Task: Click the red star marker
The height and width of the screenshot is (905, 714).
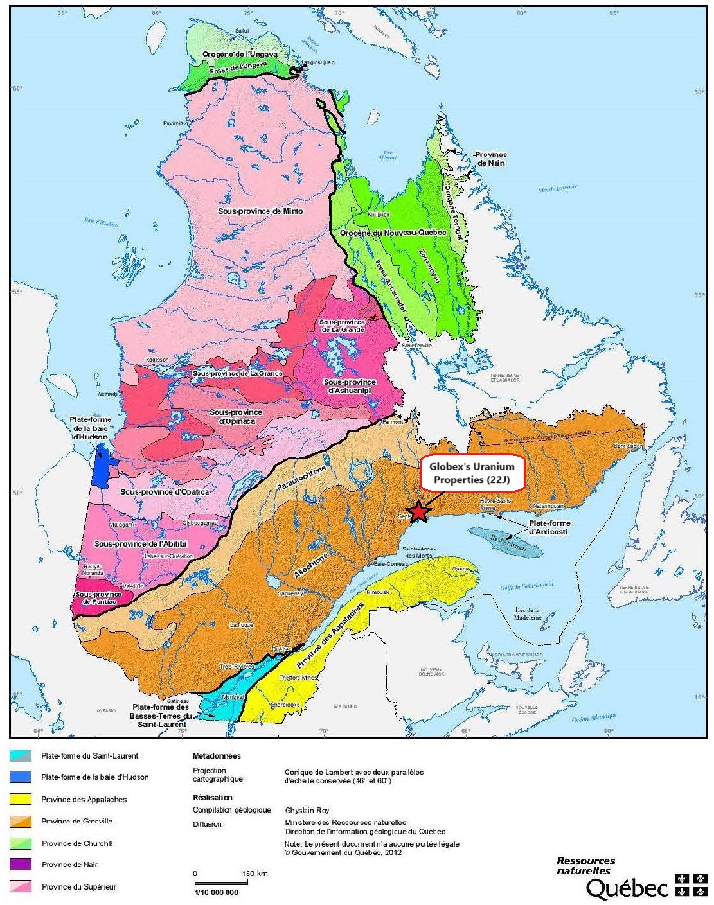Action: (x=418, y=512)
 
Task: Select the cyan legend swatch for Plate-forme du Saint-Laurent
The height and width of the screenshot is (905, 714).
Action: (x=21, y=756)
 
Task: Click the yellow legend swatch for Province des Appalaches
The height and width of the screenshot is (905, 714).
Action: (x=21, y=800)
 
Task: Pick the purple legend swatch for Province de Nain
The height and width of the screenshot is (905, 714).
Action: (x=21, y=865)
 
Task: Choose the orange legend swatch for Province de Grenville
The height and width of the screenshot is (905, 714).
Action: (x=21, y=822)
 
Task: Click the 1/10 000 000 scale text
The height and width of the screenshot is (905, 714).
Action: (x=216, y=892)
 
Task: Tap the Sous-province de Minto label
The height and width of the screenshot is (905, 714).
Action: (x=260, y=211)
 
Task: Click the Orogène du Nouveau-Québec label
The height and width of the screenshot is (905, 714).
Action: (x=393, y=233)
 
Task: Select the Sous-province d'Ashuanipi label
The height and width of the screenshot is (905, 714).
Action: (x=350, y=387)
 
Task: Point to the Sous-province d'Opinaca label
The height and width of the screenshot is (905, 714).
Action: (x=236, y=417)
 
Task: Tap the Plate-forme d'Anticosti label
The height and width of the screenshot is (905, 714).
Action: (x=549, y=527)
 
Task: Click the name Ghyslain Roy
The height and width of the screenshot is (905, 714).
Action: (x=307, y=811)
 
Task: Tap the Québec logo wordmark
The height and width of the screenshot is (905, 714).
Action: (x=627, y=888)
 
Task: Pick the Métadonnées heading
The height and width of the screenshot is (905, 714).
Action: (x=217, y=756)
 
